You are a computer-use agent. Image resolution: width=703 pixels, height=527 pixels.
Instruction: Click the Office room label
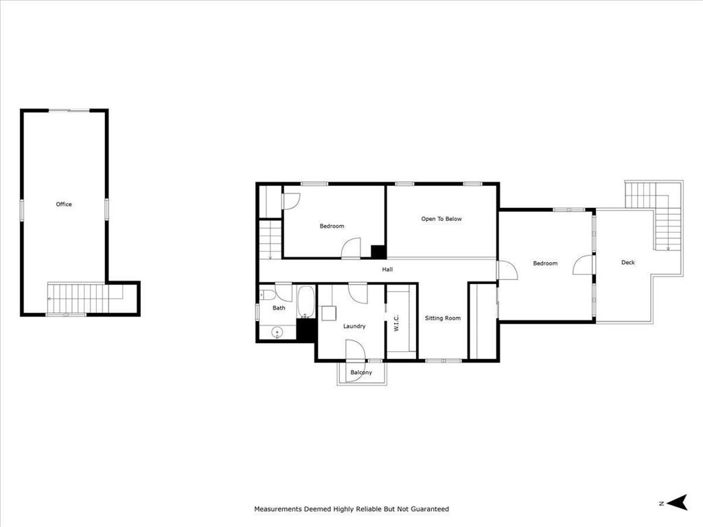[64, 204]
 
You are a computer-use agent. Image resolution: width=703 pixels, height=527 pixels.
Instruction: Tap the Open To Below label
[441, 219]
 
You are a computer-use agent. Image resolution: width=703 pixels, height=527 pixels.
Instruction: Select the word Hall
[388, 270]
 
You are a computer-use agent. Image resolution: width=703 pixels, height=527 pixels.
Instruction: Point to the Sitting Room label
[443, 318]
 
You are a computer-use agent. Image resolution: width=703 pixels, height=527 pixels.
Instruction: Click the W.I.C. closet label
[397, 323]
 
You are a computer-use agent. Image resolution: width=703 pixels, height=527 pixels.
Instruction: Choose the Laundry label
[354, 326]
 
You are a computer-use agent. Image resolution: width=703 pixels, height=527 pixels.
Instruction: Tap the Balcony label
[361, 373]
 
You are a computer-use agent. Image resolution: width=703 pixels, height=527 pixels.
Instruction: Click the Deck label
[628, 262]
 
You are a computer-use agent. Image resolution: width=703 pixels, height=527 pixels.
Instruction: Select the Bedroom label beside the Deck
[546, 263]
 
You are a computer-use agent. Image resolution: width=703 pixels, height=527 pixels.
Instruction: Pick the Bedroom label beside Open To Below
[332, 226]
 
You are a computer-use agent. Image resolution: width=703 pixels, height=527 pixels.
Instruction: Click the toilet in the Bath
[266, 295]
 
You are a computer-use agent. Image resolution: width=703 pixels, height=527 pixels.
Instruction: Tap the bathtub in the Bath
[306, 303]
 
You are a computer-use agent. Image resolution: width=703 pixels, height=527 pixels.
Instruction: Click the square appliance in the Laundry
[328, 314]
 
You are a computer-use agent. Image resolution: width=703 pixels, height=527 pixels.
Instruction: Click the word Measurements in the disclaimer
[277, 509]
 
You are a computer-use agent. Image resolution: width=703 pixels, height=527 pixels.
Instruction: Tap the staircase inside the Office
[82, 298]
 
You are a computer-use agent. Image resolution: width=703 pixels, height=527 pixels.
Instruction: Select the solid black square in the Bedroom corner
[378, 251]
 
